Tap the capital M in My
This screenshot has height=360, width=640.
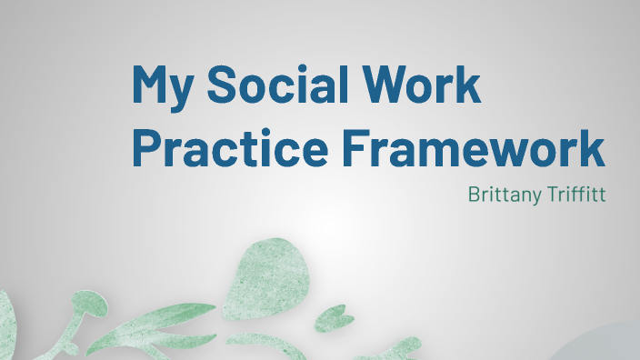[151, 84]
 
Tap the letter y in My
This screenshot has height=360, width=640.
[182, 92]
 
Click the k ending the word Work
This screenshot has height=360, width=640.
[469, 84]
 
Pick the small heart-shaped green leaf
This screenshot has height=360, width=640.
[337, 319]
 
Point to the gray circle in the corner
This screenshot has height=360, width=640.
[605, 346]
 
